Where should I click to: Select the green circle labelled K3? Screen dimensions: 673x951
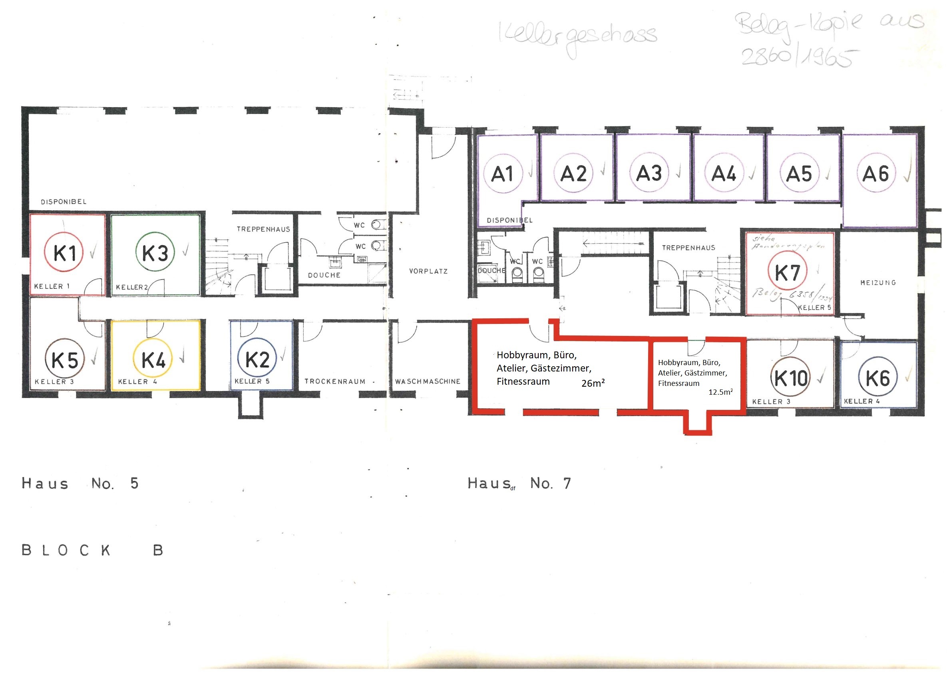pos(155,252)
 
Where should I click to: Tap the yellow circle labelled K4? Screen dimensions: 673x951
pos(153,359)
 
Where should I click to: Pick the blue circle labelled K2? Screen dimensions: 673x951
pos(257,358)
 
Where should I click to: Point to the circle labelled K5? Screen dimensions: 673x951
pos(65,359)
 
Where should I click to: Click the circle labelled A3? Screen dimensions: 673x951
pos(649,173)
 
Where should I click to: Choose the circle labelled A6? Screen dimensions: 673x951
pos(875,173)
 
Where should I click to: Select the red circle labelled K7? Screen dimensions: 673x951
pos(788,272)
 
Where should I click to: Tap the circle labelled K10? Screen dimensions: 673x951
pos(791,377)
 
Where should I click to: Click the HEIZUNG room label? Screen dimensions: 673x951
pos(878,283)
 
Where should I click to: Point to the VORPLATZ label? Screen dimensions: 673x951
pos(428,272)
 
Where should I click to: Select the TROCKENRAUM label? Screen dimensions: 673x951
pos(335,381)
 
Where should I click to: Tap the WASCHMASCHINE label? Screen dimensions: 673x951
pos(428,381)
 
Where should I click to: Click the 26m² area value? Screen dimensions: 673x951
pos(593,383)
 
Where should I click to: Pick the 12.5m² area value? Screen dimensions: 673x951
pos(720,391)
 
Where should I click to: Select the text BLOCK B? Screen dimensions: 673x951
pos(92,550)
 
